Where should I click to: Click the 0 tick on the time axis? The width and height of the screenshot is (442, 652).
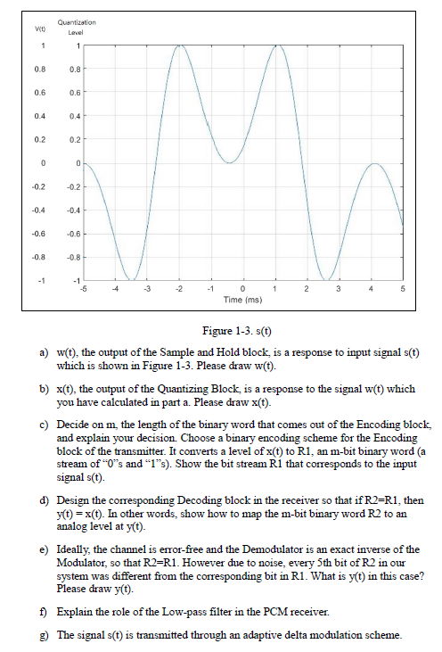point(244,289)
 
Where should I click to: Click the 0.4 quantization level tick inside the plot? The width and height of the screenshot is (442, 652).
point(76,116)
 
